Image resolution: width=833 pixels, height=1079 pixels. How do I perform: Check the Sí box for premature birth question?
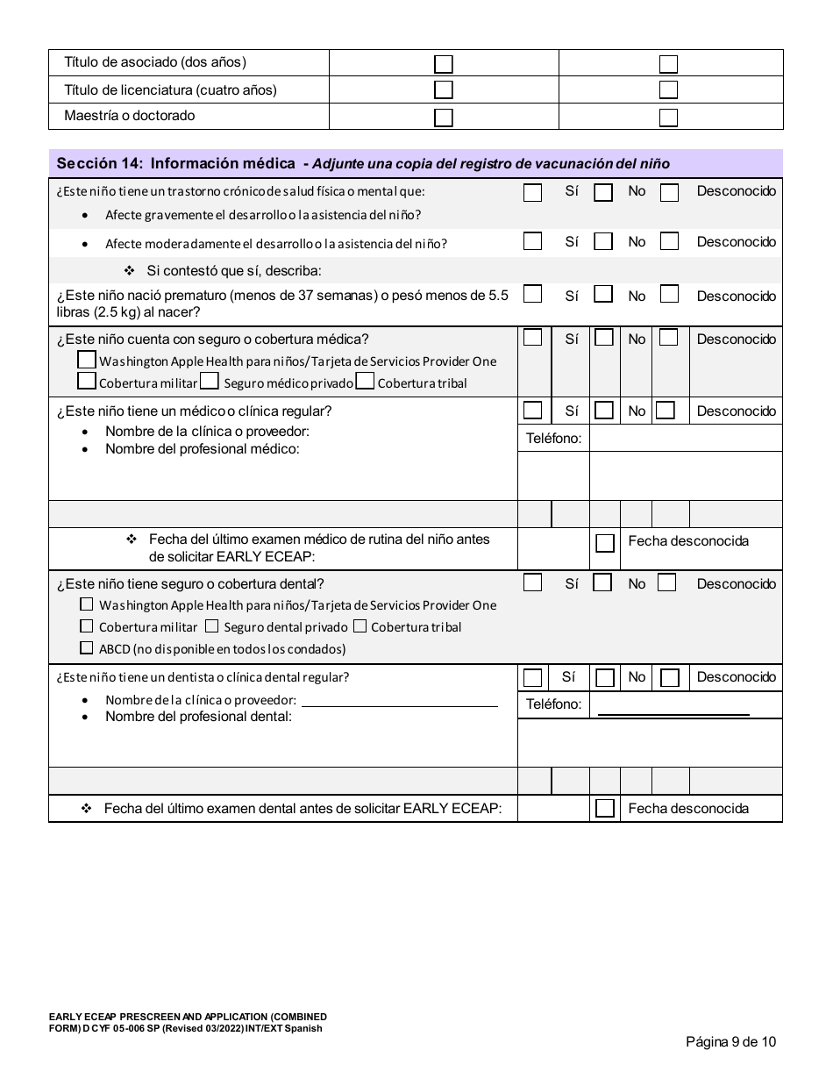[x=532, y=295]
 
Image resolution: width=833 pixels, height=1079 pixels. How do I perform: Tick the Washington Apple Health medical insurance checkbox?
[x=86, y=361]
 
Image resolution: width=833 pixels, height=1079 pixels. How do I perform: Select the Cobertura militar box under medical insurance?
[x=86, y=382]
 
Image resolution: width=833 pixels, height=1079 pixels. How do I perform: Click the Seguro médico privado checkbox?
[x=210, y=382]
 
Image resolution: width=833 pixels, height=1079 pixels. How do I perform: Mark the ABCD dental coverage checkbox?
[x=86, y=648]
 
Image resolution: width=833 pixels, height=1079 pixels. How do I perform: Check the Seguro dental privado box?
[x=211, y=626]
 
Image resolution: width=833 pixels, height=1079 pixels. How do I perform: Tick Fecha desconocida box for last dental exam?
[x=605, y=809]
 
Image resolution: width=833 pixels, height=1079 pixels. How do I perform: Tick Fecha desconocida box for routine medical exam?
[x=605, y=543]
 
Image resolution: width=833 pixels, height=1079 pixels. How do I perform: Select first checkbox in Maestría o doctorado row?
[x=444, y=118]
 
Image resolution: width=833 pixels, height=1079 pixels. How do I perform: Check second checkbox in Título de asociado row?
[x=669, y=64]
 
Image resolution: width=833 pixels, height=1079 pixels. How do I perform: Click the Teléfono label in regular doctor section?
[x=553, y=438]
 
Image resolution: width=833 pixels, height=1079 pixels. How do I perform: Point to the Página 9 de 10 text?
[x=731, y=1042]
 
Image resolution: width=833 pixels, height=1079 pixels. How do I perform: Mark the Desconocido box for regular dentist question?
[x=670, y=678]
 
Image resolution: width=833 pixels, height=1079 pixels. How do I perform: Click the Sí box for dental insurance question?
[x=532, y=582]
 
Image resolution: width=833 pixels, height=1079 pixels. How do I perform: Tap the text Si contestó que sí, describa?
[x=233, y=270]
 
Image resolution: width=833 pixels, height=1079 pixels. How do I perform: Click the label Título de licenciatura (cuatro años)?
[x=170, y=89]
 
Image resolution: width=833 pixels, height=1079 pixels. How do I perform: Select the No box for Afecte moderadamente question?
[x=602, y=241]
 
